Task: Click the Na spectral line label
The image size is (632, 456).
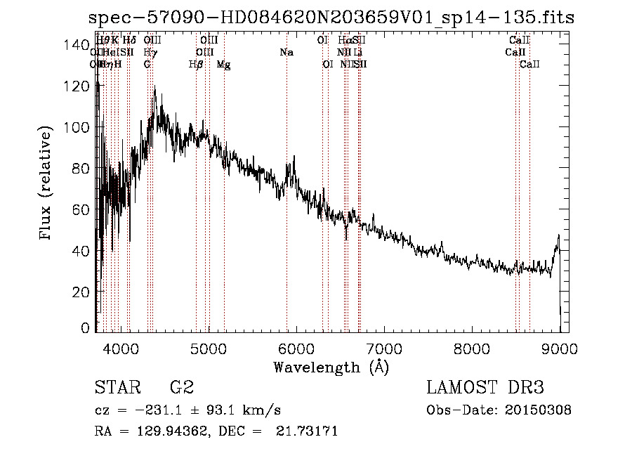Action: (x=286, y=53)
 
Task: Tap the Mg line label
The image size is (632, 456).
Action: (x=223, y=65)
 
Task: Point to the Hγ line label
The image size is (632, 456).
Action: (x=150, y=53)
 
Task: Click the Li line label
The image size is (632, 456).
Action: (x=357, y=53)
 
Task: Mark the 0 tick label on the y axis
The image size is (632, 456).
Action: (x=86, y=328)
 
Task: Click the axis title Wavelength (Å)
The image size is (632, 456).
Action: (x=331, y=367)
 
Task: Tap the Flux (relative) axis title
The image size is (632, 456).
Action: (x=47, y=184)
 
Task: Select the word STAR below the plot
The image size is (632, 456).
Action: (x=117, y=388)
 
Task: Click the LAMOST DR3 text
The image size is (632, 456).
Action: (x=485, y=388)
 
